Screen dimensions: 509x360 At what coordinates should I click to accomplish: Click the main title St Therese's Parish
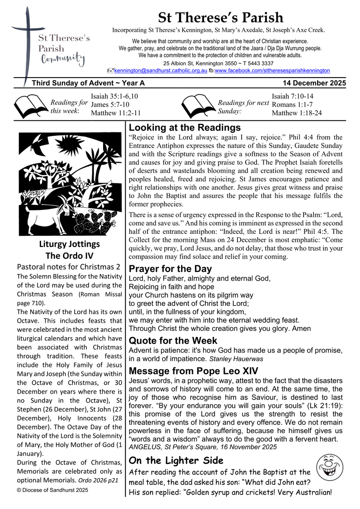pyautogui.click(x=220, y=18)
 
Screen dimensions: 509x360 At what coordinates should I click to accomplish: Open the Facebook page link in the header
pyautogui.click(x=272, y=70)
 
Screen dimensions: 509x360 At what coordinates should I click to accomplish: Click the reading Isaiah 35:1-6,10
pyautogui.click(x=114, y=96)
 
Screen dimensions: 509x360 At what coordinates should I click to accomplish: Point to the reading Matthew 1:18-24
pyautogui.click(x=297, y=113)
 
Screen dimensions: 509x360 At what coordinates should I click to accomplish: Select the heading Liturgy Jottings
pyautogui.click(x=70, y=244)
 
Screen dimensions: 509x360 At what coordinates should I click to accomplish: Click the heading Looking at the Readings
pyautogui.click(x=185, y=128)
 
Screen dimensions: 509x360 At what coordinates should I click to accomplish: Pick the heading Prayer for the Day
pyautogui.click(x=170, y=269)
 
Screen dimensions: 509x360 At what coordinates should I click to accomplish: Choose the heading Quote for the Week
pyautogui.click(x=173, y=341)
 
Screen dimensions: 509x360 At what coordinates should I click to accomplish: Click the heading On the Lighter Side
pyautogui.click(x=176, y=461)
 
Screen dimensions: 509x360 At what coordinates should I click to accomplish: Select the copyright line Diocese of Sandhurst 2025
pyautogui.click(x=52, y=490)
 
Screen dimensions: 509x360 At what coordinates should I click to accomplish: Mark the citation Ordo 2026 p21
pyautogui.click(x=98, y=481)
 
